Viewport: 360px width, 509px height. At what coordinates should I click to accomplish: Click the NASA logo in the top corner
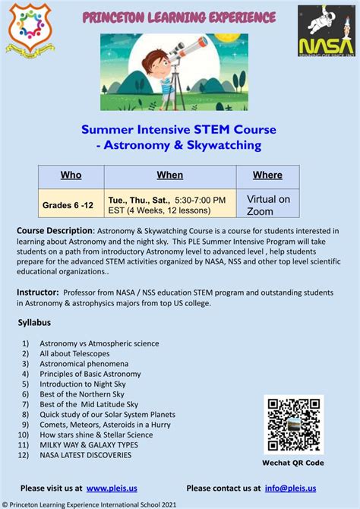[325, 30]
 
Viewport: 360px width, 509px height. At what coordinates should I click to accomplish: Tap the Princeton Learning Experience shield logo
[30, 29]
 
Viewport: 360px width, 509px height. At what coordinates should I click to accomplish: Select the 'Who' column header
[71, 175]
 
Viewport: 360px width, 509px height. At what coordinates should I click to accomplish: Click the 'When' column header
[169, 175]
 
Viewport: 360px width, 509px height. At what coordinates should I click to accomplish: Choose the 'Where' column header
[267, 175]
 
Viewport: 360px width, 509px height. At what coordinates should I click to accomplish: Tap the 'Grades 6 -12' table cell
[68, 205]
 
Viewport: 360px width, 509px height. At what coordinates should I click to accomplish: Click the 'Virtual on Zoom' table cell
[268, 205]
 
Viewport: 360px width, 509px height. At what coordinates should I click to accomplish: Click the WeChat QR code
[293, 424]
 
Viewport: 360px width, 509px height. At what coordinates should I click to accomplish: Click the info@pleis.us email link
[290, 488]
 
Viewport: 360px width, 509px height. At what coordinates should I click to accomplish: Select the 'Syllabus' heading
[34, 323]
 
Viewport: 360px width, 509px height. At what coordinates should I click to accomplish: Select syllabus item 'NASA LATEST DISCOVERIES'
[85, 456]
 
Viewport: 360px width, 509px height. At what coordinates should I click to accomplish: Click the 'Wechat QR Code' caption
[294, 463]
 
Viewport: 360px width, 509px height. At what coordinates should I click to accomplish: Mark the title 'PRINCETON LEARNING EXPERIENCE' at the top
[179, 17]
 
